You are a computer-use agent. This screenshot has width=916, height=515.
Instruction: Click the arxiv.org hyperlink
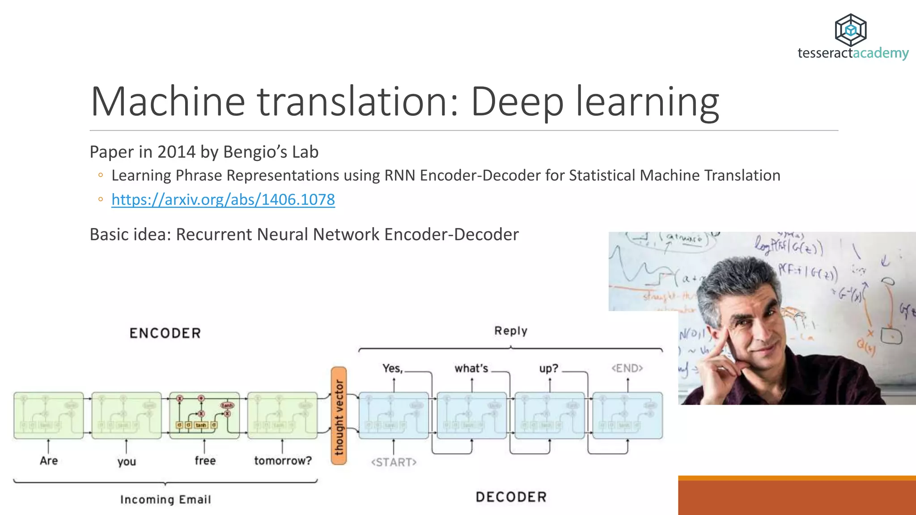point(223,199)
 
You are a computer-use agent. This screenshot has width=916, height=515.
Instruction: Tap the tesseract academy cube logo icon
point(850,30)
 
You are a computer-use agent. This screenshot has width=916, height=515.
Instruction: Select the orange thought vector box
point(339,416)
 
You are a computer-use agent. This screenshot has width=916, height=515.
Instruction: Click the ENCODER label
point(165,333)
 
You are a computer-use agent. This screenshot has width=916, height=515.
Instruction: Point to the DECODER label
point(511,497)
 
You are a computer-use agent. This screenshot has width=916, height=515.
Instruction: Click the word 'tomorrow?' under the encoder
point(283,460)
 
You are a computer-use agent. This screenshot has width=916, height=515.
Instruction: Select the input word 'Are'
point(49,460)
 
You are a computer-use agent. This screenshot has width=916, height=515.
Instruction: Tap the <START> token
point(394,462)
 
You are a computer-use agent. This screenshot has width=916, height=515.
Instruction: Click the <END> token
point(627,368)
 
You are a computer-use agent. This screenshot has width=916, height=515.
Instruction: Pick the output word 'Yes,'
point(393,368)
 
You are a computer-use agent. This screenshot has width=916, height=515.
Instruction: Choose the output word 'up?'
point(549,368)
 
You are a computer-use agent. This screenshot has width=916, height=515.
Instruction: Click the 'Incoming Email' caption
point(165,499)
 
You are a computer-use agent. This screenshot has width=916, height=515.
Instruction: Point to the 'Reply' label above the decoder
point(511,331)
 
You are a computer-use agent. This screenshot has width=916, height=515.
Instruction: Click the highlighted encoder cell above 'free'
point(204,416)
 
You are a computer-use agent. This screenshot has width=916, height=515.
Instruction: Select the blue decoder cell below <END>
point(628,416)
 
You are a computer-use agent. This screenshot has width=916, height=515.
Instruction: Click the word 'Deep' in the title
point(517,102)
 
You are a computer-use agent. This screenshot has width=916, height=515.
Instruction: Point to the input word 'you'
point(127,461)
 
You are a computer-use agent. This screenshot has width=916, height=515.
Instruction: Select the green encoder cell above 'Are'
point(49,416)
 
